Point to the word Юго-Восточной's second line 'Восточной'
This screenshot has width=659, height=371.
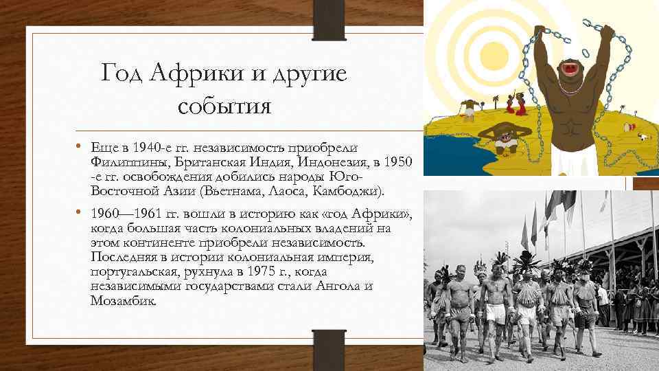click(124, 190)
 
